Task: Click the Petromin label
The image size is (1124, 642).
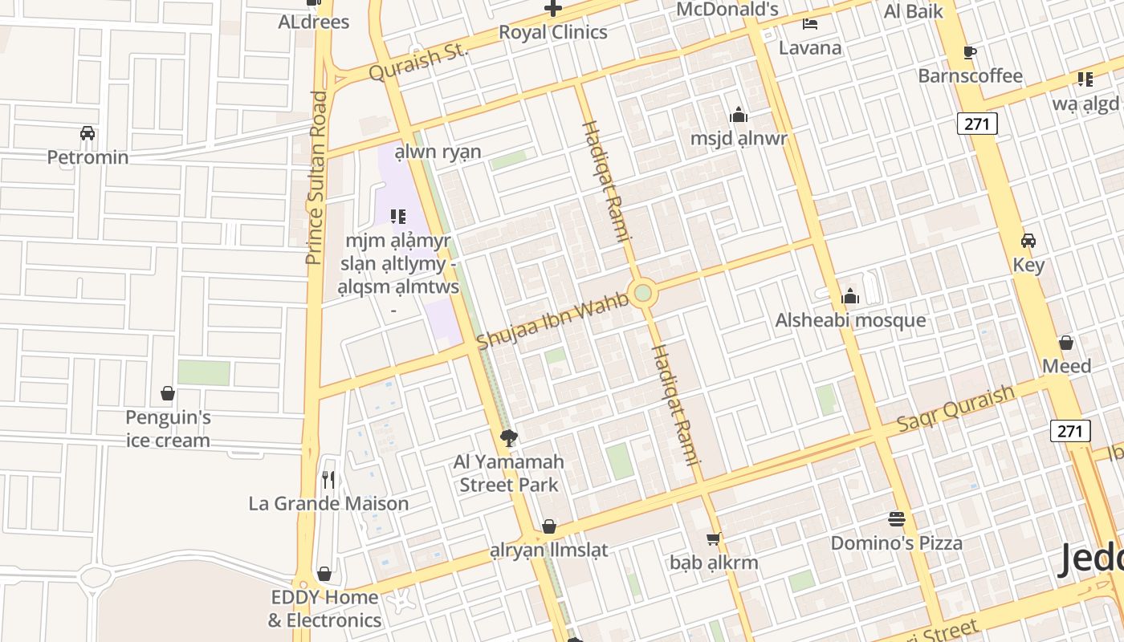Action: tap(88, 156)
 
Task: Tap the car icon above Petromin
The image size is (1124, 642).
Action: tap(88, 132)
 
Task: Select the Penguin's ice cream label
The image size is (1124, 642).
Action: tap(168, 429)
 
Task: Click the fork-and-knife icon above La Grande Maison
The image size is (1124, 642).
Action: tap(328, 479)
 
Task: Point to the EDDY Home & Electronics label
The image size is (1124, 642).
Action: tap(324, 608)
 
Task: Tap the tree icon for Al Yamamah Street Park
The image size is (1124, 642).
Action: tap(508, 437)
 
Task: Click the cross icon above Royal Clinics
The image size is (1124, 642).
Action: tap(553, 9)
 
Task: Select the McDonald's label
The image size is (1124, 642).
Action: tap(727, 10)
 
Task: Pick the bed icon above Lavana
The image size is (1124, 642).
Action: tap(810, 23)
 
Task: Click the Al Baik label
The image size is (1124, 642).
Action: tap(914, 11)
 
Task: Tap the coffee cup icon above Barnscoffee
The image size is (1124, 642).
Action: tap(970, 52)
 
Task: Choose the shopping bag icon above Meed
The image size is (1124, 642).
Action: tap(1066, 343)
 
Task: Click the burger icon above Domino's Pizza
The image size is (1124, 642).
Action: tap(897, 519)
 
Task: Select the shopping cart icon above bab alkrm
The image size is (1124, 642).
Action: tap(713, 538)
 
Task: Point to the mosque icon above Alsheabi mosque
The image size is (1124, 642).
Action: tap(850, 297)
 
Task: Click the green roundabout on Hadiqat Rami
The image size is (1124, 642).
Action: tap(642, 293)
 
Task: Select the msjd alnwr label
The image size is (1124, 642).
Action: tap(739, 138)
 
